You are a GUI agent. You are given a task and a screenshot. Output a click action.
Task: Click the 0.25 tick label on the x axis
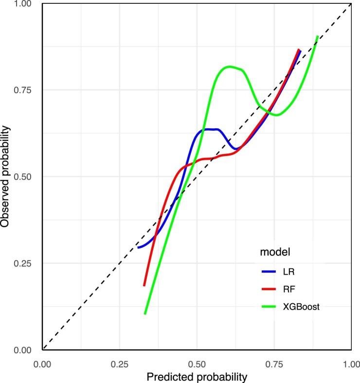coord(120,363)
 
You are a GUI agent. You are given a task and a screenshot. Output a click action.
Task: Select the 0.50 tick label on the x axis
coord(197,363)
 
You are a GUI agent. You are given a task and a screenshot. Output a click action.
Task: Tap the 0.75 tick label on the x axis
coord(274,363)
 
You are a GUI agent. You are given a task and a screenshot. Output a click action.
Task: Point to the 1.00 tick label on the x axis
coord(350,363)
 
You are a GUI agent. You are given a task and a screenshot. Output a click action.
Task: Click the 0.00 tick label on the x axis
coord(43,363)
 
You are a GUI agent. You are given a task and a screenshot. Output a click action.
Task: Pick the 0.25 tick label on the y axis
coord(28,263)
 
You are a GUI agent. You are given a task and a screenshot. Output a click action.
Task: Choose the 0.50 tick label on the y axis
coord(28,176)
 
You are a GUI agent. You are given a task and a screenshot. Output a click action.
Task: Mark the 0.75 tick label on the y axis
coord(28,90)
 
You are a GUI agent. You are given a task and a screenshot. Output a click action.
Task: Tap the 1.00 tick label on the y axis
coord(28,3)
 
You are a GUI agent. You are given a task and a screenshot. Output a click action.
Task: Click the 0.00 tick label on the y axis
coord(28,349)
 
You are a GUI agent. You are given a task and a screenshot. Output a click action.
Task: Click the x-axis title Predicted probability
coord(197,376)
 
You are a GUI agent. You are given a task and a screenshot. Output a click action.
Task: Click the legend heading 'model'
coord(275,252)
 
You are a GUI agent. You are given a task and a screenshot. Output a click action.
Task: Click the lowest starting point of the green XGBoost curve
coord(145,313)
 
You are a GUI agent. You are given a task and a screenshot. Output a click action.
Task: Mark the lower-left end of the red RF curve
coord(144,285)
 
